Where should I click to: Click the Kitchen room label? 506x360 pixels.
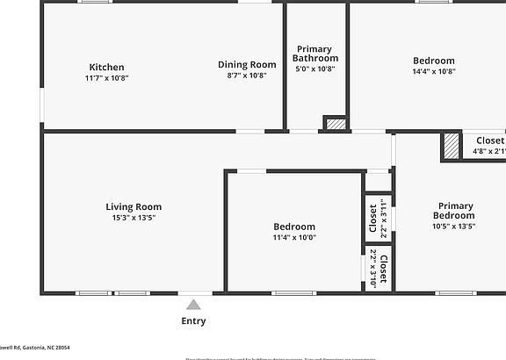tap(106, 67)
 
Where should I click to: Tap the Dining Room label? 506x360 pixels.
tap(247, 64)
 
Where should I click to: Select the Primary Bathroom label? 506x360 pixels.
tap(314, 54)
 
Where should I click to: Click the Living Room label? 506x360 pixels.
tap(134, 207)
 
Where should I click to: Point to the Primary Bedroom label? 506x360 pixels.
tap(454, 211)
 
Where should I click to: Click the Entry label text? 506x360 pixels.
tap(193, 321)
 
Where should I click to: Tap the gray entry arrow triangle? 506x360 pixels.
tap(193, 304)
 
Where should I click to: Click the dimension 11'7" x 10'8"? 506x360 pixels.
tap(106, 78)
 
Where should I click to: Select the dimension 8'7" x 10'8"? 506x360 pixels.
tap(247, 76)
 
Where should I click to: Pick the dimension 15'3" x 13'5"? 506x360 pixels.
tap(134, 218)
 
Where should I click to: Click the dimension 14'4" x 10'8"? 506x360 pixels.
tap(434, 72)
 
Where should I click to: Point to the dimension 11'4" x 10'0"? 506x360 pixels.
tap(294, 237)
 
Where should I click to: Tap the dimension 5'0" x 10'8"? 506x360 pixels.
tap(314, 68)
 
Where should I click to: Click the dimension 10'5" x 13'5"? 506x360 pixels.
tap(454, 226)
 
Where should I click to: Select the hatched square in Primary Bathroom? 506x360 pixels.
tap(335, 124)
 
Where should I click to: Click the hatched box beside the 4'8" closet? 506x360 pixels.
tap(451, 145)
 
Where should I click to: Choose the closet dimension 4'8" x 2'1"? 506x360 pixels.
tap(488, 151)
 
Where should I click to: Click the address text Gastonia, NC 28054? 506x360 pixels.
tap(40, 348)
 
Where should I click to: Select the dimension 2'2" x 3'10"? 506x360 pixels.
tap(372, 269)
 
